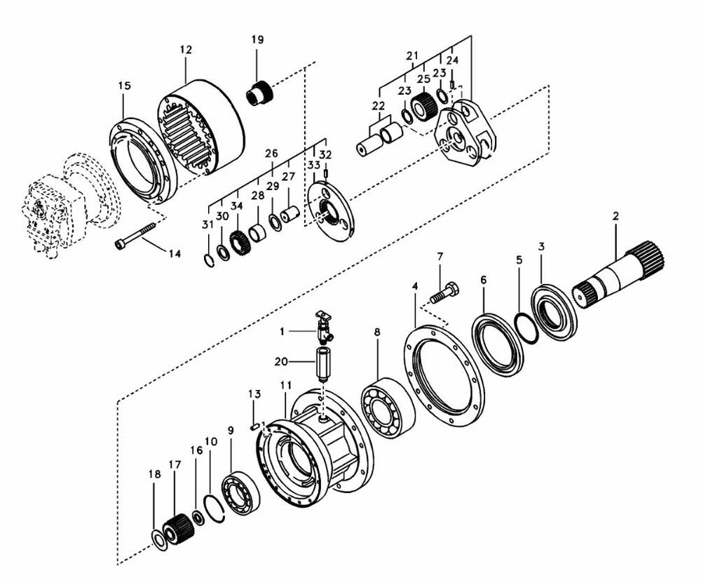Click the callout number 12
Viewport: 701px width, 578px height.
click(x=186, y=50)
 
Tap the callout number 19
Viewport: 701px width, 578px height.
click(x=257, y=39)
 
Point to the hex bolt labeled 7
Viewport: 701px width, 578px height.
click(x=445, y=293)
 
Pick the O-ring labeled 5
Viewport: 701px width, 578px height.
click(x=525, y=329)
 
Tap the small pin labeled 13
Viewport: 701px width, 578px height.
click(x=254, y=426)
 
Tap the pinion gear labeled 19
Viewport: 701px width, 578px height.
click(x=260, y=93)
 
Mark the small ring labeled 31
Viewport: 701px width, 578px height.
click(x=209, y=260)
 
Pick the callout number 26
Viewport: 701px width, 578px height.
click(x=271, y=154)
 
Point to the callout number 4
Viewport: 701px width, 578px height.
click(x=415, y=286)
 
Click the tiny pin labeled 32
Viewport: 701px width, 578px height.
click(x=327, y=173)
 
